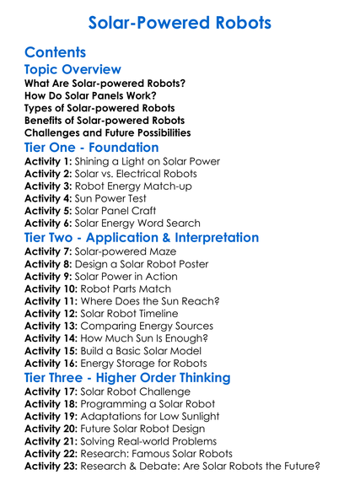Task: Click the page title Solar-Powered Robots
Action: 180,21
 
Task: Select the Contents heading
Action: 56,52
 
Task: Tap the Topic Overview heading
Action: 73,70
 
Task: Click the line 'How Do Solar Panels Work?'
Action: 99,96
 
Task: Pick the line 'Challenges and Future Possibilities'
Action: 108,132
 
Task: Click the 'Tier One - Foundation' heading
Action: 92,148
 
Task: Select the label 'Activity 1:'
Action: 48,161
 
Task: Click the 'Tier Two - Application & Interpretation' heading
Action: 142,238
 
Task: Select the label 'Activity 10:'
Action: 51,289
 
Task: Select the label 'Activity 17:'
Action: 51,392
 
